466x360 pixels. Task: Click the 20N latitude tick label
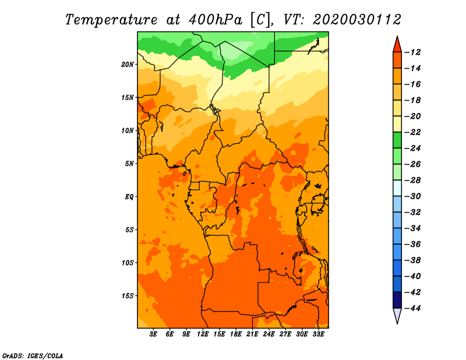pyautogui.click(x=128, y=65)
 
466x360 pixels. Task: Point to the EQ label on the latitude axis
pyautogui.click(x=129, y=197)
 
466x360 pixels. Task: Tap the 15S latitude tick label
pyautogui.click(x=128, y=296)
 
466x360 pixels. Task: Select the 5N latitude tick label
pyautogui.click(x=129, y=164)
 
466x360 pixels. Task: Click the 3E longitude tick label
pyautogui.click(x=153, y=334)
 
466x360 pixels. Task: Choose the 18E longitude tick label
pyautogui.click(x=236, y=334)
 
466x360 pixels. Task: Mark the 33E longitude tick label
pyautogui.click(x=318, y=334)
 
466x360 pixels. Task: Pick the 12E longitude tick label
pyautogui.click(x=203, y=334)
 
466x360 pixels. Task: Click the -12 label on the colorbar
pyautogui.click(x=412, y=52)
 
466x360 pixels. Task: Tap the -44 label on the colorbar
pyautogui.click(x=412, y=308)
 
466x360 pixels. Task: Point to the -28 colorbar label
pyautogui.click(x=412, y=180)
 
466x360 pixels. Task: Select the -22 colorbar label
pyautogui.click(x=412, y=132)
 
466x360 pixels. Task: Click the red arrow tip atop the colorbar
pyautogui.click(x=397, y=36)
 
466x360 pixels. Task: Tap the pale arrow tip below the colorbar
pyautogui.click(x=397, y=323)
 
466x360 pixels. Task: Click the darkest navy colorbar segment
pyautogui.click(x=397, y=300)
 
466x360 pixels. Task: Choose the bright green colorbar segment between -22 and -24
pyautogui.click(x=397, y=140)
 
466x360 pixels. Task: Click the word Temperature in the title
pyautogui.click(x=111, y=20)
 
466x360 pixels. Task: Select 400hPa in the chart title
pyautogui.click(x=216, y=20)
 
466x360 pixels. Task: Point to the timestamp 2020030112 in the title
pyautogui.click(x=357, y=20)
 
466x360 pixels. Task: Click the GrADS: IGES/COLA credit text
pyautogui.click(x=33, y=356)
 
